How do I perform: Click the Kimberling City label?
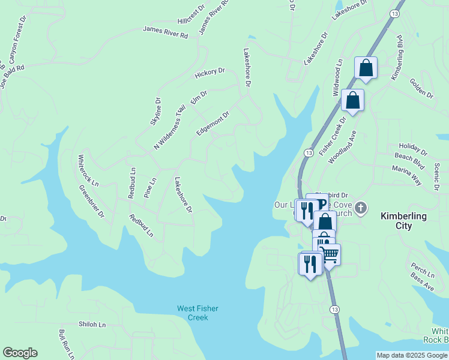404,221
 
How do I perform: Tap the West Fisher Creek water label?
197,313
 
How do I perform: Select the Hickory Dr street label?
209,73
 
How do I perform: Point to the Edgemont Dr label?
212,124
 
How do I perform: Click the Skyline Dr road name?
157,111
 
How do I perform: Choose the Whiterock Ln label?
88,170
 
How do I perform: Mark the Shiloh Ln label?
92,325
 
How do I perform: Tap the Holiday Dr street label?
413,146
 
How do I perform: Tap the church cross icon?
361,208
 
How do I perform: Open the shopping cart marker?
330,255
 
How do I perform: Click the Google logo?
20,353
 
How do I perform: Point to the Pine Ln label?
151,188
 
